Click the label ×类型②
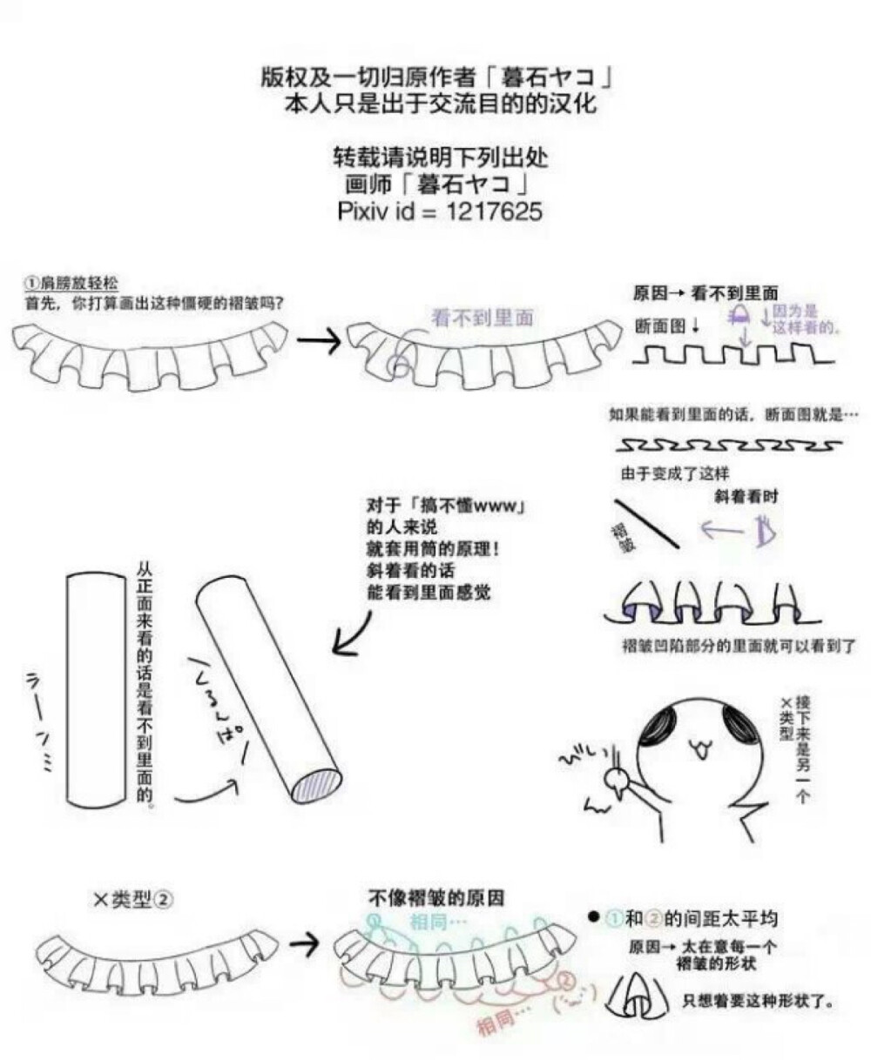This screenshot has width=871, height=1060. click(133, 900)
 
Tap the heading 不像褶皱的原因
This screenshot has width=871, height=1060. click(435, 898)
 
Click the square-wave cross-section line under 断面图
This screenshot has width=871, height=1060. click(732, 356)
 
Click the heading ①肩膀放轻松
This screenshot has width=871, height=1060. click(71, 284)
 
